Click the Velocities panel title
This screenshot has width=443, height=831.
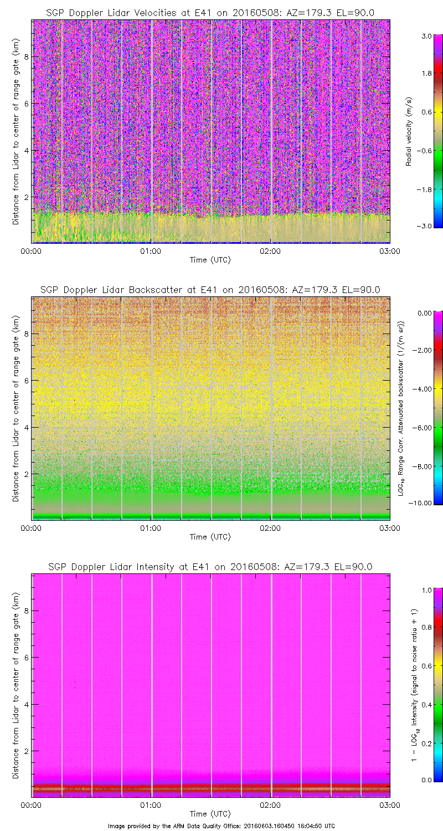210,13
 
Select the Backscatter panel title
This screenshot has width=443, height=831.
210,290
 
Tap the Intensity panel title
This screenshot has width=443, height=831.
210,567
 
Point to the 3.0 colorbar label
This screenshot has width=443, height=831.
425,36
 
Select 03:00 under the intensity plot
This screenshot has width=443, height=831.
390,804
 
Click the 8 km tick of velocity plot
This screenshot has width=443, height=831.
24,57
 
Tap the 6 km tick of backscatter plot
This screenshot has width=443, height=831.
24,381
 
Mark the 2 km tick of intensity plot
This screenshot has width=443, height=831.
24,751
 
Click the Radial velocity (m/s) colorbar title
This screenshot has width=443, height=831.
409,131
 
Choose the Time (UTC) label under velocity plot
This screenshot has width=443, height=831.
210,259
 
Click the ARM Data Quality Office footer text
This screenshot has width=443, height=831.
221,826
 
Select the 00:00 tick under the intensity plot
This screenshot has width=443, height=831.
31,804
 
